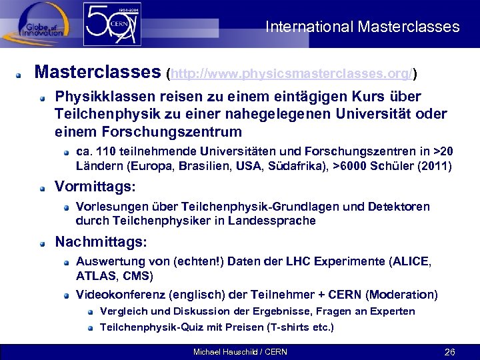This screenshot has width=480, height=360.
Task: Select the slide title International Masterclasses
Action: coord(362,27)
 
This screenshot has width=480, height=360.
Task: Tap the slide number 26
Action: coord(449,351)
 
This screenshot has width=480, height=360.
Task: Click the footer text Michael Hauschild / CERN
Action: coord(240,351)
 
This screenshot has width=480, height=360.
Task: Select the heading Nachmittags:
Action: coord(101,241)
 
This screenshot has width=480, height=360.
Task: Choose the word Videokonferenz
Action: coord(121,294)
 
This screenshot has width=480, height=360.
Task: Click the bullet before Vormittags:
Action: coord(43,187)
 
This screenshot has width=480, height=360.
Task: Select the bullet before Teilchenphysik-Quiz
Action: coord(89,327)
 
